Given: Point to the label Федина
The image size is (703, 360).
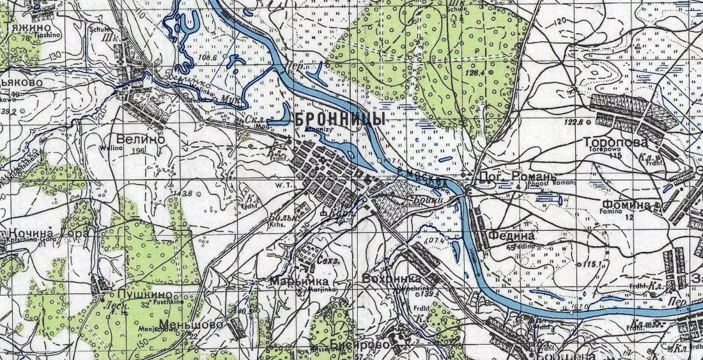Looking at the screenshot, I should (x=511, y=235).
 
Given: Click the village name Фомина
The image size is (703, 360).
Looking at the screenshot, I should (x=626, y=206).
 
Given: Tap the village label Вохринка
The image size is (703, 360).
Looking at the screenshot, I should (x=391, y=279).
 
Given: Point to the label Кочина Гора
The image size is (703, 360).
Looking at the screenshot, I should (x=45, y=233).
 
